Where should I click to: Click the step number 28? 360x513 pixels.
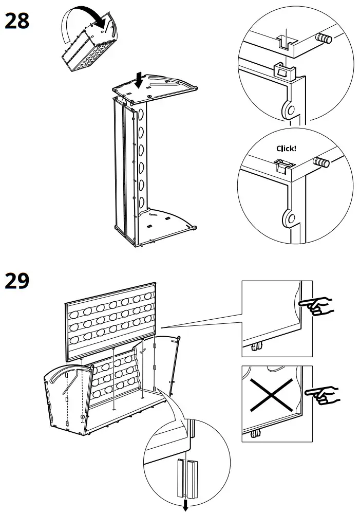[x=17, y=21]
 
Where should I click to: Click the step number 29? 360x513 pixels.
[x=17, y=281]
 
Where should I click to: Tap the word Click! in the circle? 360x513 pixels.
[x=286, y=149]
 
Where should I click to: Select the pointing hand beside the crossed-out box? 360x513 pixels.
[x=322, y=394]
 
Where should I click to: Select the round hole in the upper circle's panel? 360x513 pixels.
[x=289, y=109]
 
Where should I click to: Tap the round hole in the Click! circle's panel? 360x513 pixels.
[x=289, y=219]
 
